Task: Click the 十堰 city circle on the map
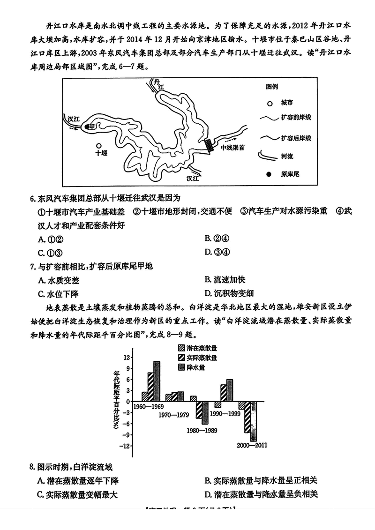click(x=98, y=146)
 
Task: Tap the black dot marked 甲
click(x=87, y=127)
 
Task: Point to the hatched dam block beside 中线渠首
click(x=210, y=145)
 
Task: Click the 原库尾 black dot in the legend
click(x=269, y=174)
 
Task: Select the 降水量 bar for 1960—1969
click(x=157, y=381)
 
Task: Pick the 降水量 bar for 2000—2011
click(x=254, y=420)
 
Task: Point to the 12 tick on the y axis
click(x=126, y=357)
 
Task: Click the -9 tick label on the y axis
click(x=125, y=435)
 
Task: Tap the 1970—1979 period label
click(x=174, y=415)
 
